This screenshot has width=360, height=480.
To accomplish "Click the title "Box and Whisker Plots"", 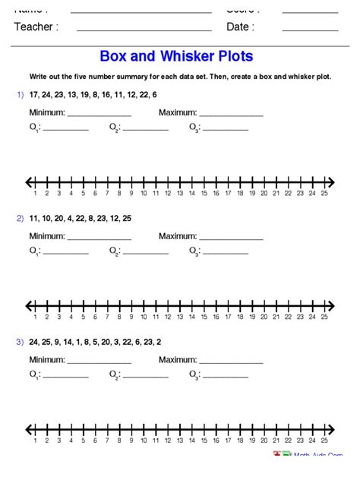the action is pyautogui.click(x=176, y=57).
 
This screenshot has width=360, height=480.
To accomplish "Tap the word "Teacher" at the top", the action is pyautogui.click(x=33, y=27).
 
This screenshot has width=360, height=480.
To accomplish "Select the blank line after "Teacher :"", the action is pyautogui.click(x=144, y=30).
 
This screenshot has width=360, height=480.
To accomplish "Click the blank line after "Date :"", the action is pyautogui.click(x=310, y=30).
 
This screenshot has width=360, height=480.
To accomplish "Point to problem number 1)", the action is pyautogui.click(x=20, y=94).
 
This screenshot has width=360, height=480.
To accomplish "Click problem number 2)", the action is pyautogui.click(x=20, y=218).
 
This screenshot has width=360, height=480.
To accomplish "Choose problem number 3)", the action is pyautogui.click(x=20, y=342).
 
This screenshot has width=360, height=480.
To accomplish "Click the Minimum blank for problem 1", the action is pyautogui.click(x=99, y=115).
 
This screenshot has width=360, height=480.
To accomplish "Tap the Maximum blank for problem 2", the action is pyautogui.click(x=230, y=238).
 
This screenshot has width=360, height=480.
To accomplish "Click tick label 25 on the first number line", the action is pyautogui.click(x=324, y=194).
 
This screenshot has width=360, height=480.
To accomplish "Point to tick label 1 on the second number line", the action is pyautogui.click(x=36, y=317).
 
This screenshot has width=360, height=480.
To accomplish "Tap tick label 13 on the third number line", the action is pyautogui.click(x=179, y=441).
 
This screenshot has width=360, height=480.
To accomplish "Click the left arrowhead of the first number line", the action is pyautogui.click(x=29, y=182).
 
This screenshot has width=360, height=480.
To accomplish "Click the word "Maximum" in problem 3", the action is pyautogui.click(x=178, y=360).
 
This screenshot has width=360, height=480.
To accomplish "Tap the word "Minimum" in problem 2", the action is pyautogui.click(x=47, y=236).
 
